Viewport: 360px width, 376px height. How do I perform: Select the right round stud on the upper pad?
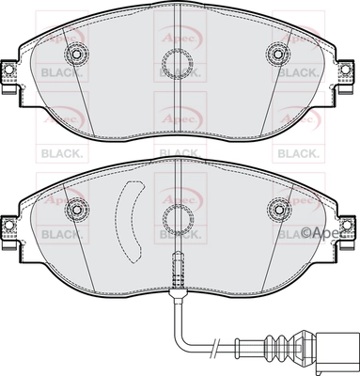point(278,53)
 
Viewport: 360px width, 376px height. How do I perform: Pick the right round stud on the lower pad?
point(278,208)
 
